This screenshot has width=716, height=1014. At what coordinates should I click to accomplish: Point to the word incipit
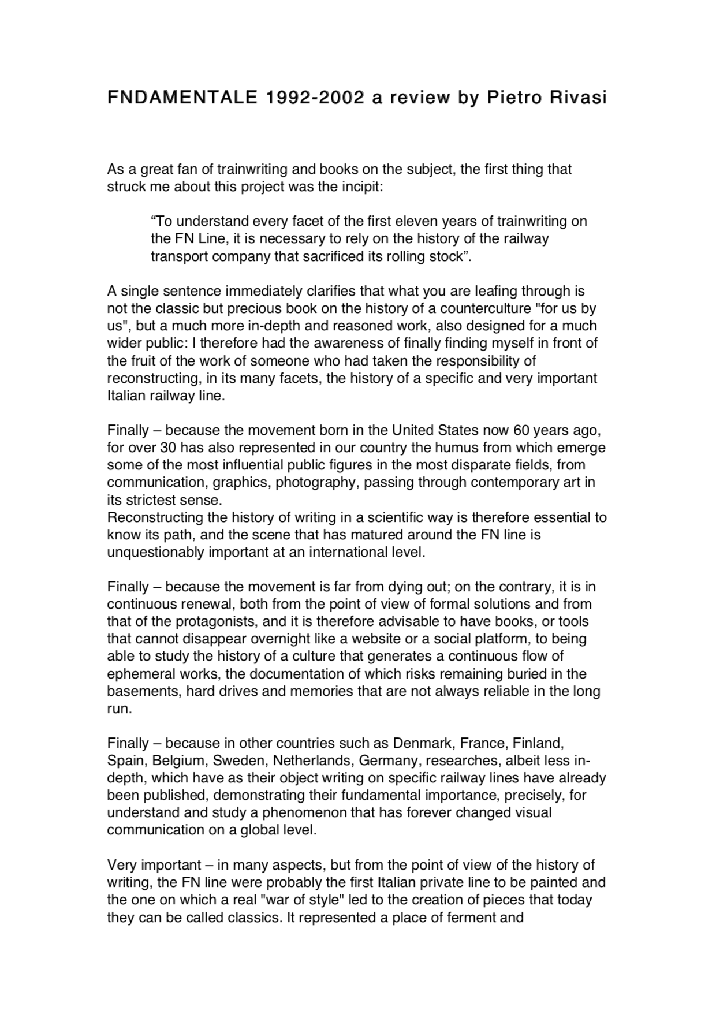tap(355, 187)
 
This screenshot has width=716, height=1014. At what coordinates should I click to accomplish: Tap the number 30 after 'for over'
tap(159, 448)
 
